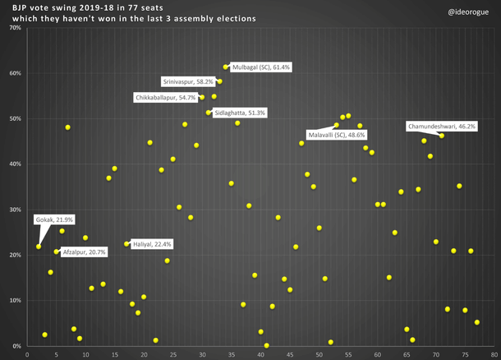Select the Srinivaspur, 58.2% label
point(188,82)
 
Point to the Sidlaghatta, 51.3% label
point(239,113)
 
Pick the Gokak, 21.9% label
point(55,220)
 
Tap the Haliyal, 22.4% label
point(152,244)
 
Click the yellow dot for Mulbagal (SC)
point(226,67)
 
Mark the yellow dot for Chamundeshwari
point(441,136)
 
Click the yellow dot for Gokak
point(39,247)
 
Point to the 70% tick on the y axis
point(15,28)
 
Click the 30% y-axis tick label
point(15,210)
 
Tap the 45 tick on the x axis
point(290,354)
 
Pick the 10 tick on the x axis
point(86,354)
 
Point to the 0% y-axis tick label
point(16,346)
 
